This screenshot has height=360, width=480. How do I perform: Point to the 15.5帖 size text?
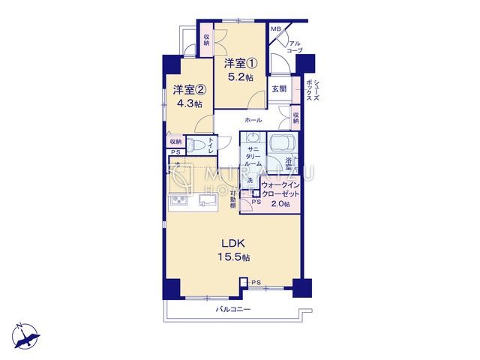click(x=234, y=257)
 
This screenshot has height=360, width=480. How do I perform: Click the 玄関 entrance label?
click(x=279, y=88)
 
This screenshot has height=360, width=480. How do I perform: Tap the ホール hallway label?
click(x=252, y=120)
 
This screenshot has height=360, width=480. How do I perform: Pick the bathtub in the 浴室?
click(x=281, y=143)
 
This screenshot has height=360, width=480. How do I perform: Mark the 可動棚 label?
click(x=233, y=199)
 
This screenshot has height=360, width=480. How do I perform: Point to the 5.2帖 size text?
click(x=240, y=77)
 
